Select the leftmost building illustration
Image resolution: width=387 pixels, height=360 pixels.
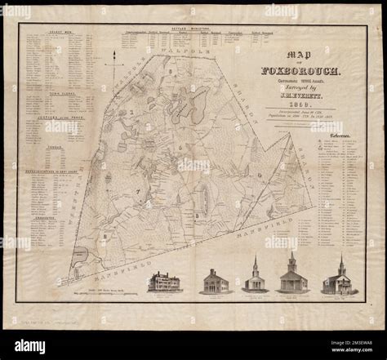point(163,282)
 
